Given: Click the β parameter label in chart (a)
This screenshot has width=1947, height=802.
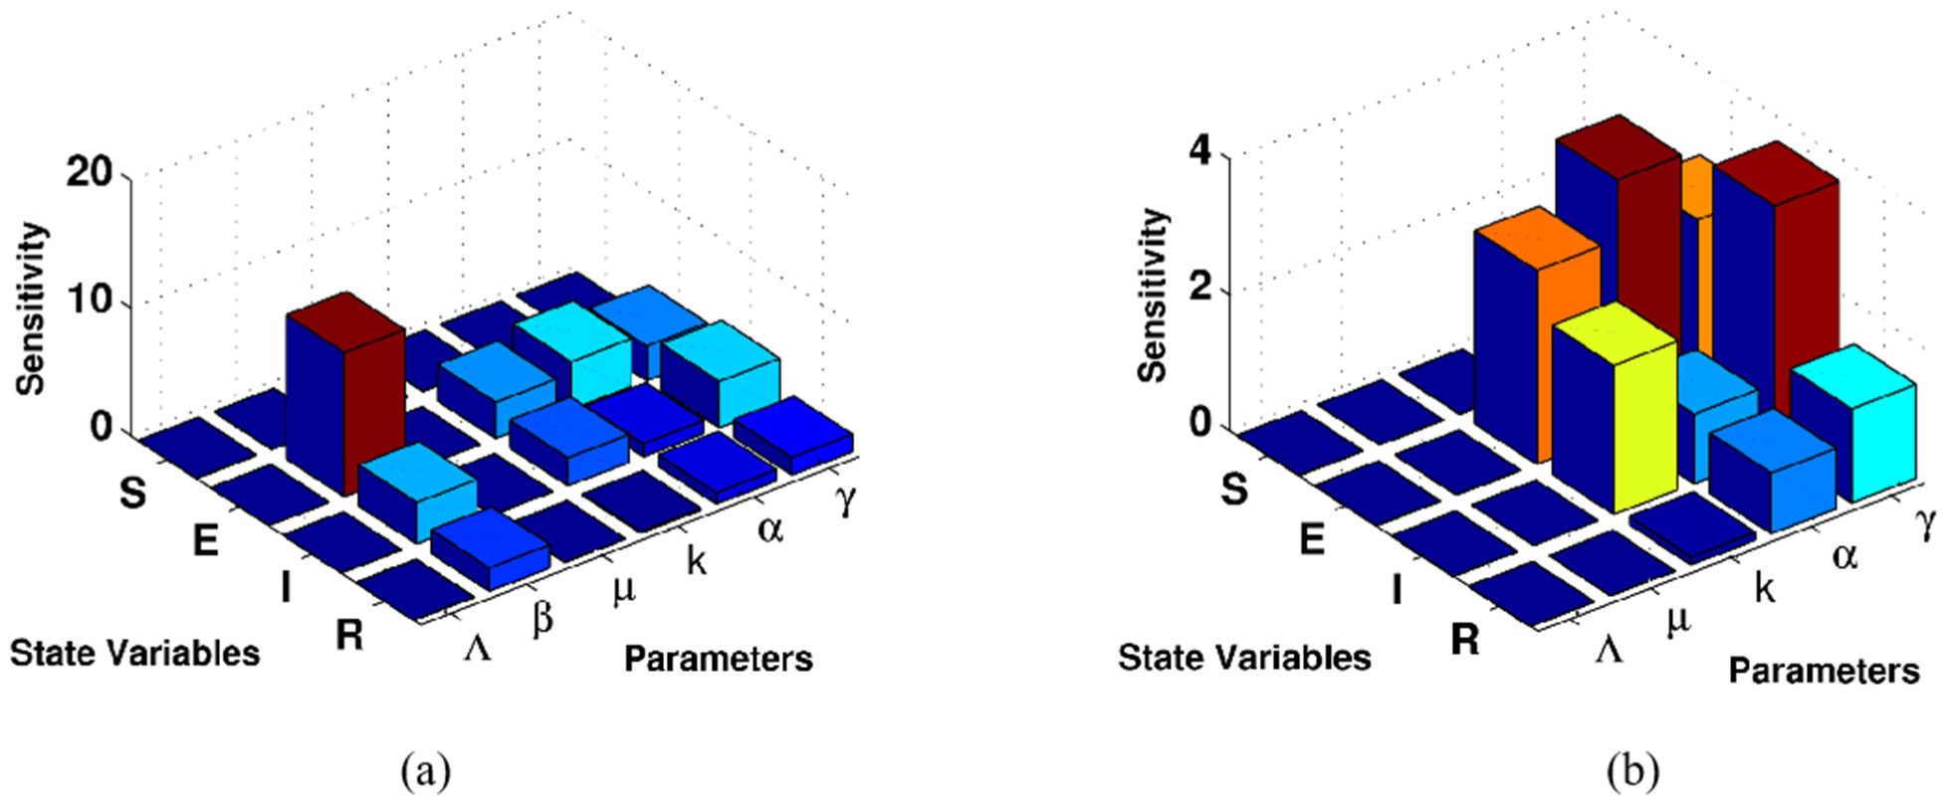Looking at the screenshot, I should pyautogui.click(x=542, y=619).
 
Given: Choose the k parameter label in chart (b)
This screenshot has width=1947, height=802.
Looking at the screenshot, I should pyautogui.click(x=1765, y=588).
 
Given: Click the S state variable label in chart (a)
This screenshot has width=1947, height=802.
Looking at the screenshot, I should pyautogui.click(x=132, y=493).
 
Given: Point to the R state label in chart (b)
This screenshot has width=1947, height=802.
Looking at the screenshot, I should pyautogui.click(x=1464, y=641).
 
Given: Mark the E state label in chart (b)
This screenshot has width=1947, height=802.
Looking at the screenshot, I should pyautogui.click(x=1312, y=539).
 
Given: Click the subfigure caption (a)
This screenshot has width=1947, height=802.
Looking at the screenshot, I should pyautogui.click(x=425, y=771).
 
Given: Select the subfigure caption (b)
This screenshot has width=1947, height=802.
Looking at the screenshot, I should pyautogui.click(x=1632, y=771).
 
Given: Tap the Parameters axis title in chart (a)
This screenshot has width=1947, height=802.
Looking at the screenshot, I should pyautogui.click(x=718, y=658).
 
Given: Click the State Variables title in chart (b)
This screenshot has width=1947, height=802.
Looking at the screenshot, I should pyautogui.click(x=1244, y=657).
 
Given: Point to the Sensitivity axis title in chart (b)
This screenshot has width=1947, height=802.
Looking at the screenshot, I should pyautogui.click(x=1154, y=296).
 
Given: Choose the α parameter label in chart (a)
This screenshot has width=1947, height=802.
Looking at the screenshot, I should pyautogui.click(x=770, y=529).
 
